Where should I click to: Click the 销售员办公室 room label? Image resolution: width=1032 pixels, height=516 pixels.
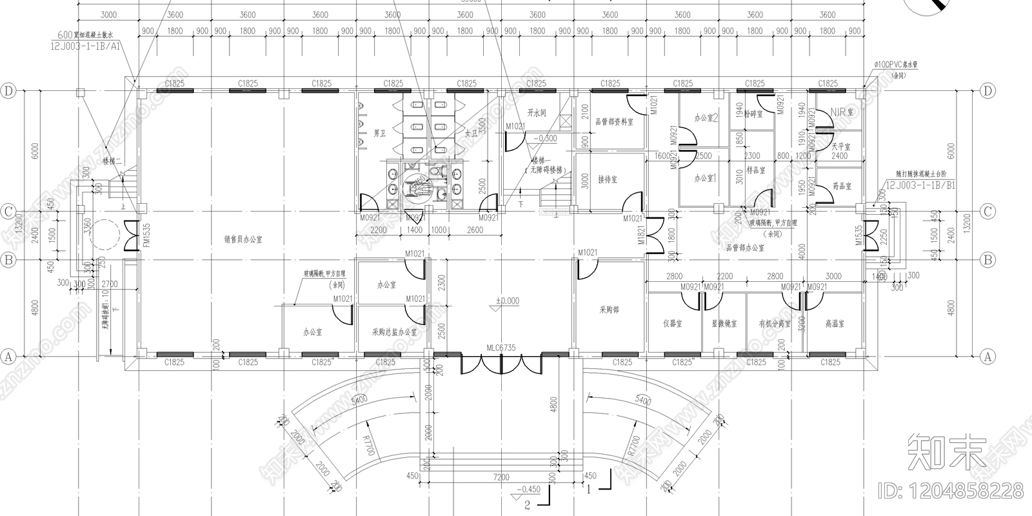click(x=243, y=239)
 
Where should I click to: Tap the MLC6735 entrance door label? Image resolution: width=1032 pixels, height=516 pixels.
click(x=501, y=348)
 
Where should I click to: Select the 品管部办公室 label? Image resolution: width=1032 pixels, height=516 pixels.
click(x=745, y=248)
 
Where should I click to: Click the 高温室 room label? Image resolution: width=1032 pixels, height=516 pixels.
click(x=835, y=323)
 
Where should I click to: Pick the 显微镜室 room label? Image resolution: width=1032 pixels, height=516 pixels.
click(x=724, y=324)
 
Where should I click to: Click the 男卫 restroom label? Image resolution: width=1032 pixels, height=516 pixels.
click(x=380, y=134)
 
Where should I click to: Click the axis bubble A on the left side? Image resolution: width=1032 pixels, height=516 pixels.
click(x=8, y=356)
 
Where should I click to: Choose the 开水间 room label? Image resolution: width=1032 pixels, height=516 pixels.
click(x=537, y=112)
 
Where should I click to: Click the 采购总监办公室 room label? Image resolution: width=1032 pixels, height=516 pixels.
click(x=394, y=332)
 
